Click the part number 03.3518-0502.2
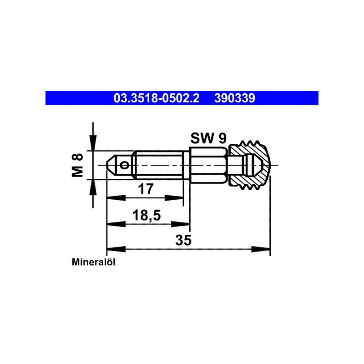click(x=157, y=98)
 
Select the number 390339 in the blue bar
click(x=234, y=98)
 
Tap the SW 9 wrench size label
click(x=208, y=138)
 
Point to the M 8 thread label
click(x=77, y=165)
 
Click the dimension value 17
click(x=146, y=189)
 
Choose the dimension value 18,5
click(x=147, y=215)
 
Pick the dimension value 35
click(x=183, y=240)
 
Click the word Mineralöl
click(x=94, y=263)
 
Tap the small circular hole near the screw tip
click(x=125, y=165)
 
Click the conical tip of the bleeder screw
click(x=111, y=165)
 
